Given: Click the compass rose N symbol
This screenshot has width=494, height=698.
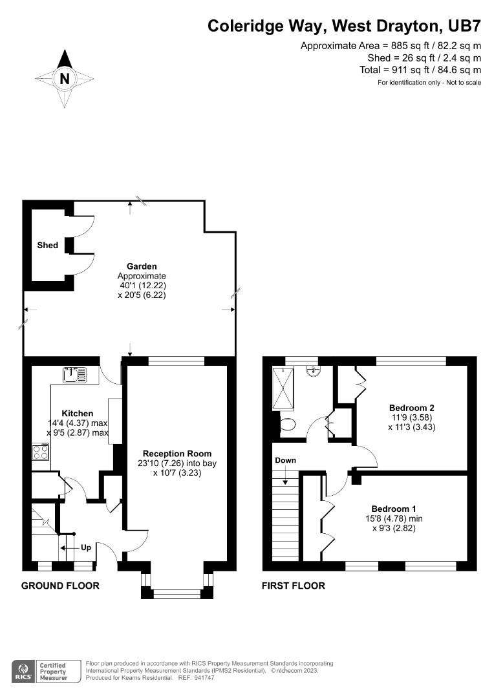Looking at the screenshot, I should tap(64, 79).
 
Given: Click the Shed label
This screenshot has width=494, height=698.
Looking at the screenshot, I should tap(47, 245).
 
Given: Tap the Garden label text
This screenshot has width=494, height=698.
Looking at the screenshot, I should tap(142, 266).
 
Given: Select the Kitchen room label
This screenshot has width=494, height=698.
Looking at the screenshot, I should tap(77, 414).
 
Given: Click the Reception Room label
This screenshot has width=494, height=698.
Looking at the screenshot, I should tap(177, 453).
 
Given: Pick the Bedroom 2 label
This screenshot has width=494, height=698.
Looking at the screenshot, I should tap(411, 408).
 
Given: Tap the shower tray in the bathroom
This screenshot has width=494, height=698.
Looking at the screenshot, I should tap(283, 388).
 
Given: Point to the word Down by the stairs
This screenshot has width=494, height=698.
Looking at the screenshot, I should tap(285, 460).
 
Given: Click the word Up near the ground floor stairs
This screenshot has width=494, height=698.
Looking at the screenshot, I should tap(85, 547).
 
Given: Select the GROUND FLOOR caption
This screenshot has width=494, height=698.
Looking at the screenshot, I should tap(60, 586).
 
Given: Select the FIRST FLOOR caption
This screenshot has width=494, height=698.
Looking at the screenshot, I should tap(293, 586).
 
